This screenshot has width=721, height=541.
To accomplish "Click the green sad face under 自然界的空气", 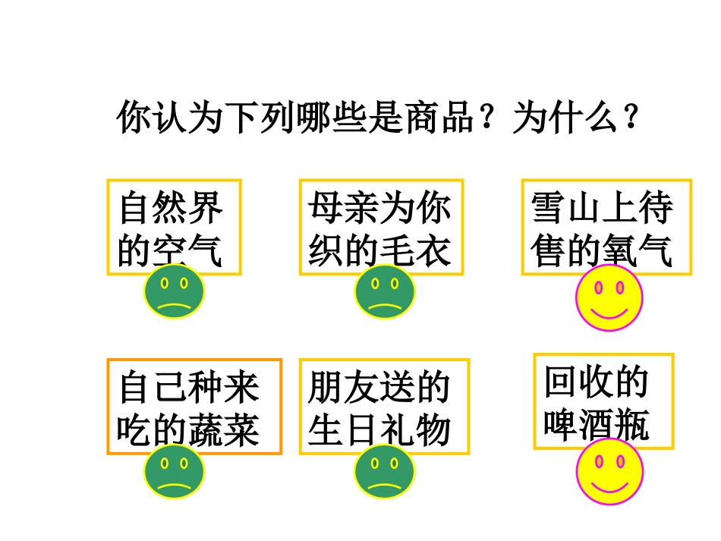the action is coord(174,292).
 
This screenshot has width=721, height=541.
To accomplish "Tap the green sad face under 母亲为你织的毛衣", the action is coord(384,292).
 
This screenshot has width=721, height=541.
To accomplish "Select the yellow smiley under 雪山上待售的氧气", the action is coord(609,298).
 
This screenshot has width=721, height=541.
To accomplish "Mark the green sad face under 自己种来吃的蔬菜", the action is coord(174,470).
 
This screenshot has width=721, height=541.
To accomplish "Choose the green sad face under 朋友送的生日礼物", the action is coord(384,470).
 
